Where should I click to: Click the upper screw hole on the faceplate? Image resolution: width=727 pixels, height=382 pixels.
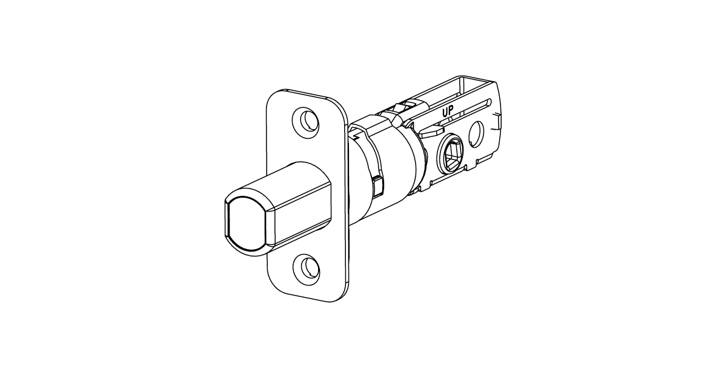coord(307,119)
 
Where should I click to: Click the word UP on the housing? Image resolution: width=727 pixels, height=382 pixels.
coord(448,112)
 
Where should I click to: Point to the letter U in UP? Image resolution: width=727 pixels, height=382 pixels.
coord(444,112)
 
